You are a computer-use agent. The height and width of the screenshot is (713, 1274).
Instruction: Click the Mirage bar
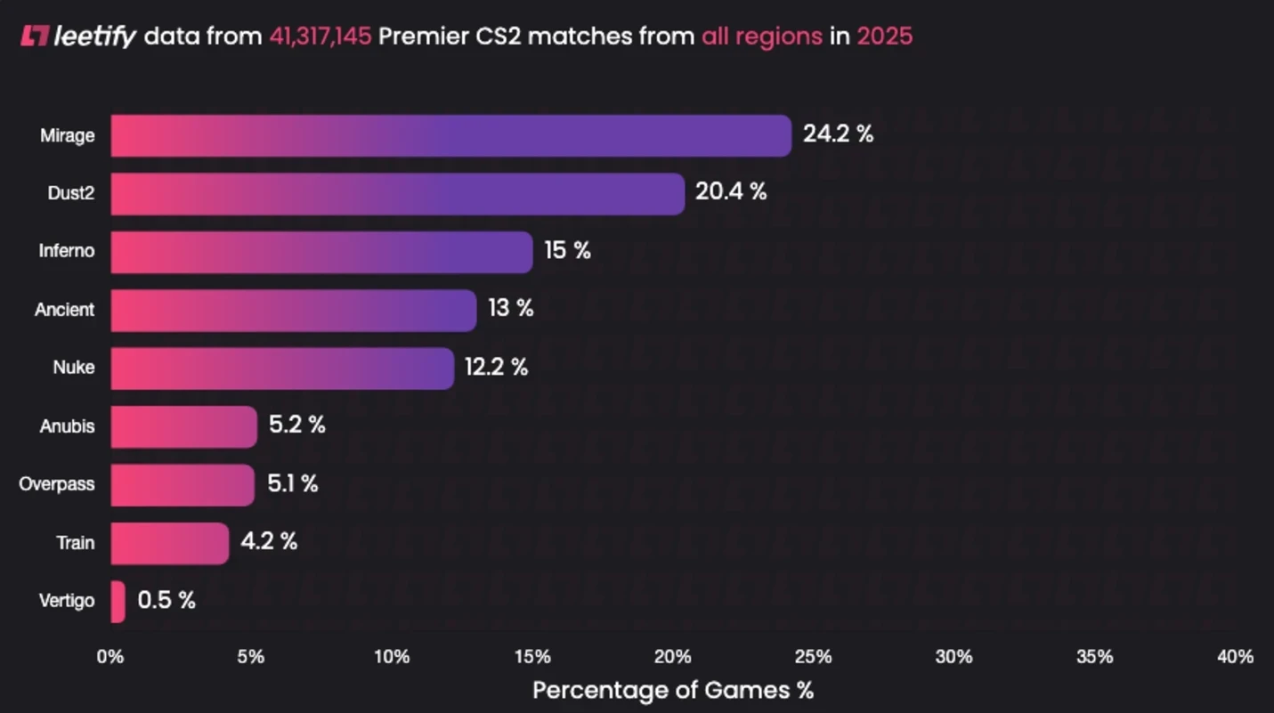point(450,135)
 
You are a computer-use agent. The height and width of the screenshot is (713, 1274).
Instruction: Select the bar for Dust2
point(397,193)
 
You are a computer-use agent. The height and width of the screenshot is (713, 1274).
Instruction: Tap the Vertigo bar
point(118,602)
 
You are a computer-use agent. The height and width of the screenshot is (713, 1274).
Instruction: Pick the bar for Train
point(169,543)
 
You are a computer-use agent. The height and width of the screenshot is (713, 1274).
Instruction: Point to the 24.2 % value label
point(838,134)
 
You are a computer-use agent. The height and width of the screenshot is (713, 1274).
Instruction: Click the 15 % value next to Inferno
point(567,250)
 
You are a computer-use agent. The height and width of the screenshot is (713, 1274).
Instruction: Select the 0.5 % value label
point(166,600)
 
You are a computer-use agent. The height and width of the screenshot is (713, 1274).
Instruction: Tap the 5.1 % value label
point(292,483)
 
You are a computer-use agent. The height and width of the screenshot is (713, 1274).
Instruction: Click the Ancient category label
point(64,310)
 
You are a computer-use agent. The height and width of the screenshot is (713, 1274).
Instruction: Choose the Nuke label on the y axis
point(73,368)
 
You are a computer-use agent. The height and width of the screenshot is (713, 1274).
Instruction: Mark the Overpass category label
point(56,484)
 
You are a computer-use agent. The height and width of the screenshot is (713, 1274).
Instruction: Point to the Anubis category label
point(67,426)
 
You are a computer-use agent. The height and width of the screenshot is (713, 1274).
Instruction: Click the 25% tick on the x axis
point(813,657)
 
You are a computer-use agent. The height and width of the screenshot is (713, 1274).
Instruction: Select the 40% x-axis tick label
point(1235,657)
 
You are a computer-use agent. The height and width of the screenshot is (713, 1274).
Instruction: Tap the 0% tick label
point(110,657)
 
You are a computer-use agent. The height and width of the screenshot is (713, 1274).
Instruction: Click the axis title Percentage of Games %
point(672,690)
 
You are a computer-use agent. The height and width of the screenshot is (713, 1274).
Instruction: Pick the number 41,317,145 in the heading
point(320,36)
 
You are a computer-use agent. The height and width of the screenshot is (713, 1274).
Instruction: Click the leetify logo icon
point(34,36)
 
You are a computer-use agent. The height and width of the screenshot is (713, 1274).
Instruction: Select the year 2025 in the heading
point(884,36)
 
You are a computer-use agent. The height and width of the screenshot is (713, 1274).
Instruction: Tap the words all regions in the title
point(761,36)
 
